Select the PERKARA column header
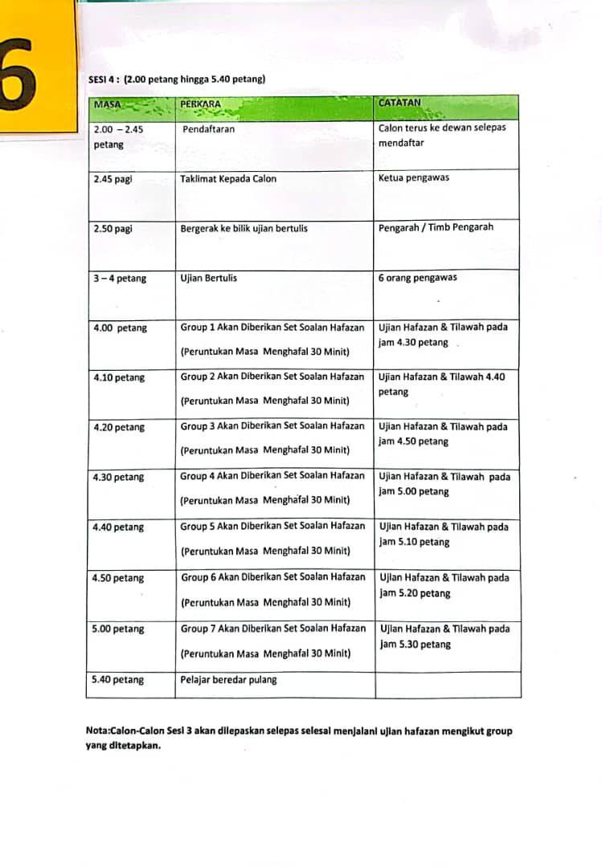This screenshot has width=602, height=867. tap(201, 104)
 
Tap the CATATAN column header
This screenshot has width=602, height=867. tap(399, 103)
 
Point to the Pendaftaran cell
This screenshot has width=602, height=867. tap(208, 129)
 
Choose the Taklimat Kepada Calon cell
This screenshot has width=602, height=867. tap(227, 179)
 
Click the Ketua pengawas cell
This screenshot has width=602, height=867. tap(414, 177)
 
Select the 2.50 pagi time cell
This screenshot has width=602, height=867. tap(113, 229)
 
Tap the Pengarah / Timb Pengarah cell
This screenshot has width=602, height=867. tap(436, 227)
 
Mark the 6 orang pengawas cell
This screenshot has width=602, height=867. tap(419, 279)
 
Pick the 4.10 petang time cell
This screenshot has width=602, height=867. tap(119, 377)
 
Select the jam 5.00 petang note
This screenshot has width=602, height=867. tap(414, 491)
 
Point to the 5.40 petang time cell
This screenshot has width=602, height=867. tap(119, 680)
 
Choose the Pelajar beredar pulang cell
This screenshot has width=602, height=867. tap(228, 680)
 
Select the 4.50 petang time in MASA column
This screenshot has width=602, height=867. tap(119, 578)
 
